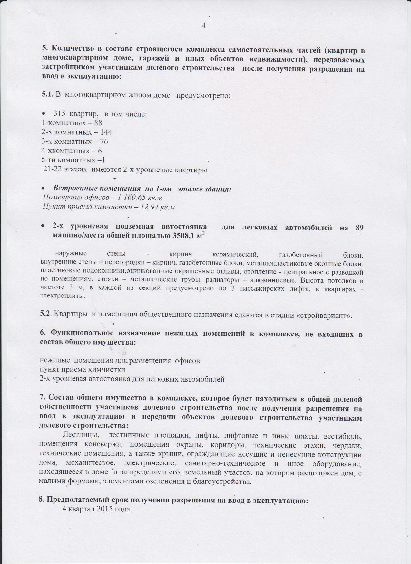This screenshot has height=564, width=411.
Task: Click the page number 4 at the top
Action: (203, 25)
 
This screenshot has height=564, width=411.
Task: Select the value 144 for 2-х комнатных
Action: (106, 132)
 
